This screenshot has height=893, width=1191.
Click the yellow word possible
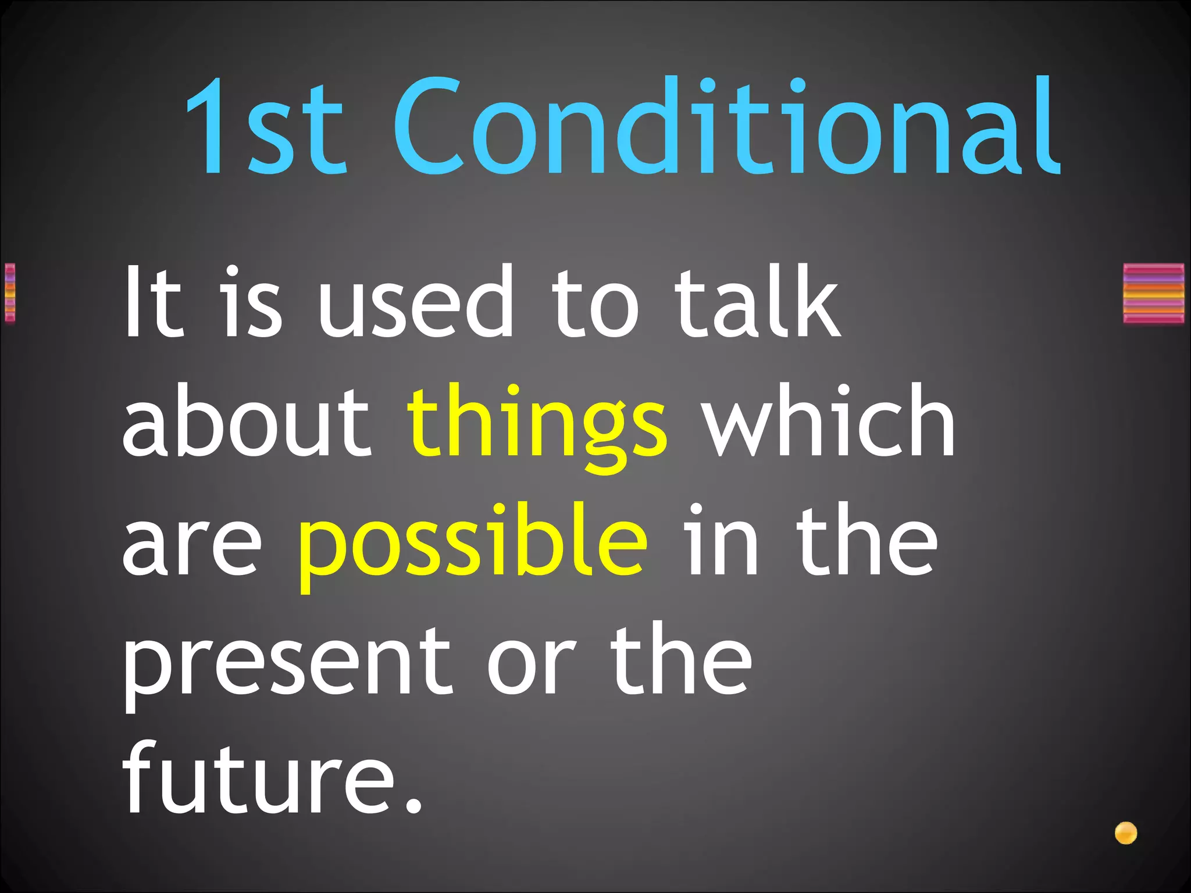tap(472, 544)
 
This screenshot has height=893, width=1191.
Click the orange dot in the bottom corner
tap(1126, 833)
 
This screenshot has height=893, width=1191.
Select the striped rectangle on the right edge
tap(1154, 293)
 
